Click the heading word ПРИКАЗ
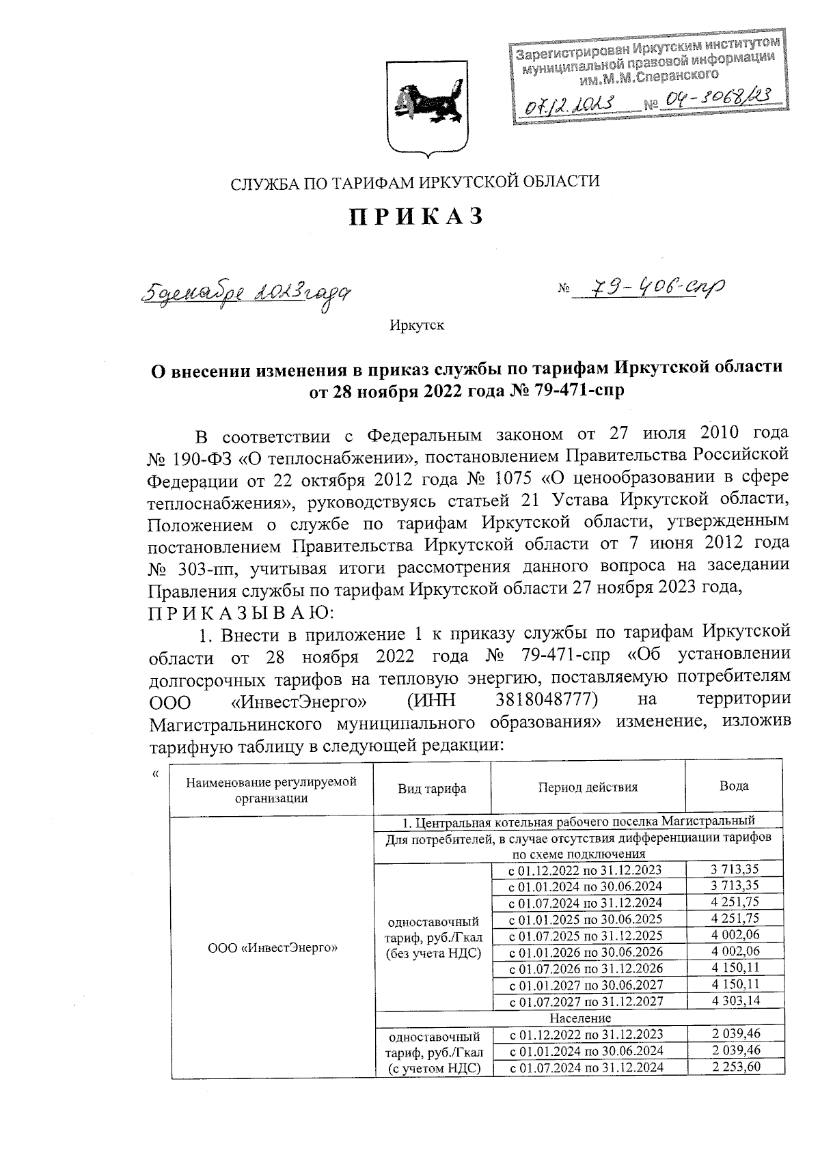coord(416,217)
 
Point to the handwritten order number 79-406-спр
coord(649,290)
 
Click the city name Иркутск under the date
coord(417,325)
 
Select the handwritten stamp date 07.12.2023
coord(569,103)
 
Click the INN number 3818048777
coord(545,701)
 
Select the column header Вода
coord(734,786)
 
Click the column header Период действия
coord(588,787)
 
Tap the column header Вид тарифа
coord(433,788)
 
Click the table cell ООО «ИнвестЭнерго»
coord(273,947)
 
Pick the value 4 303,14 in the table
coord(735,1001)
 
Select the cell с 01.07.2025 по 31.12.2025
coord(588,935)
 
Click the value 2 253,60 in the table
coord(735,1067)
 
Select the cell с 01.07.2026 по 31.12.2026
coord(588,968)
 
